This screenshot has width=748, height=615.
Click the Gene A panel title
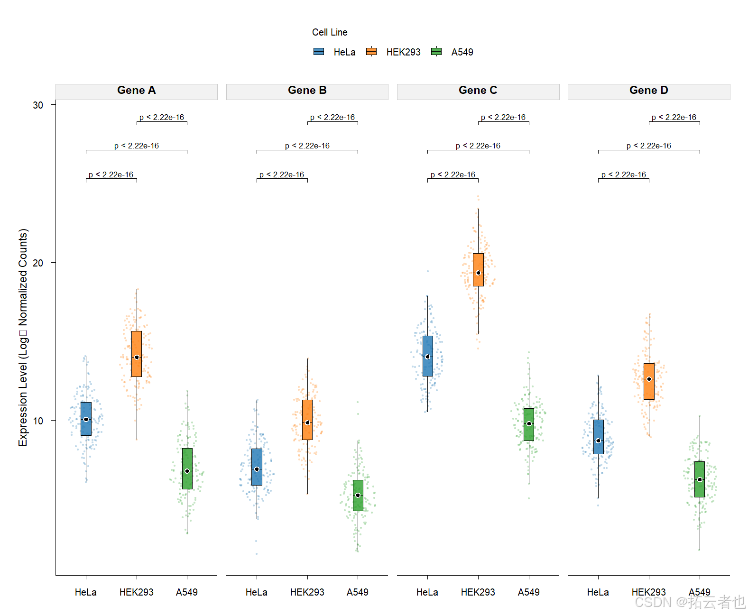point(137,91)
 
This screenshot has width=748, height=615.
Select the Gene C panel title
point(478,91)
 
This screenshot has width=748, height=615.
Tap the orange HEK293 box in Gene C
point(478,269)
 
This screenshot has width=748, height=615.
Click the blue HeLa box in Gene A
point(86,419)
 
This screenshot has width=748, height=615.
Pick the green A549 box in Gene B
point(358,495)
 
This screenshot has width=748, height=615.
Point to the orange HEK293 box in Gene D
point(649,381)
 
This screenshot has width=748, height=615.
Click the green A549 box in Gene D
point(699,479)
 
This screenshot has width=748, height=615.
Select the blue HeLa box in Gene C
point(427,356)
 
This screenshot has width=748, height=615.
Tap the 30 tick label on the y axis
point(38,105)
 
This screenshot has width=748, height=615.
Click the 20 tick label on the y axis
point(38,263)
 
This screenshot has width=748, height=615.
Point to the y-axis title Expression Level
point(23,337)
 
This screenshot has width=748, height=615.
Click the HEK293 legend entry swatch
point(371,52)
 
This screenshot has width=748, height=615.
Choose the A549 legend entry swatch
point(436,52)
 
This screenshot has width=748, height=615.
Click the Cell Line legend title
point(330,32)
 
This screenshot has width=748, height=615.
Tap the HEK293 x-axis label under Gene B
point(307,592)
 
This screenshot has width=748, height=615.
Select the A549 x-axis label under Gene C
point(528,592)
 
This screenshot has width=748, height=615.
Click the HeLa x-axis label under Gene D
point(598,592)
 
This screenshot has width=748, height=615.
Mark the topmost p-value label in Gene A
point(162,117)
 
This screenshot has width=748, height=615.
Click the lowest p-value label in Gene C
point(453,174)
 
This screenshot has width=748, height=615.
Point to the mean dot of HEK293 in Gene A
point(137,357)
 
